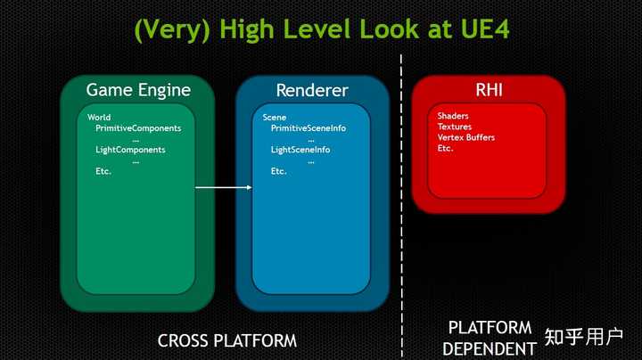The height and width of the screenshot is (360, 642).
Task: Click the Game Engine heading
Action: pos(138,90)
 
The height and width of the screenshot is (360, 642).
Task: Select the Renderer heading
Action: pos(311,90)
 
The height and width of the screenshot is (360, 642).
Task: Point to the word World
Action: pos(100,118)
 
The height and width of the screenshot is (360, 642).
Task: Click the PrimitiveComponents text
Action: pos(138,128)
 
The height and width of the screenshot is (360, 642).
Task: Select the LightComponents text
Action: pos(130,150)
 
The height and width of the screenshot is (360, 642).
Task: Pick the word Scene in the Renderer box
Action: pos(275,118)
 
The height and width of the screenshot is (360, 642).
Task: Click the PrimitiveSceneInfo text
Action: pos(309,128)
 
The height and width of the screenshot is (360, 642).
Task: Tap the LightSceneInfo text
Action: pos(300,150)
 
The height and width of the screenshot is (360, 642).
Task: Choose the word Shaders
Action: pos(453,116)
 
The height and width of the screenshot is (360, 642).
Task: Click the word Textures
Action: pos(455,127)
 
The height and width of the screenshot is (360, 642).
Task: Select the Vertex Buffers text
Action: pos(466,137)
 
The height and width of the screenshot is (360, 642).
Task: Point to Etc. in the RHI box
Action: pos(446,148)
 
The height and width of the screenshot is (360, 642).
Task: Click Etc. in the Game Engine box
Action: pos(103,171)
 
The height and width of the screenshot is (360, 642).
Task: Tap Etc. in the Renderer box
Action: pos(279,171)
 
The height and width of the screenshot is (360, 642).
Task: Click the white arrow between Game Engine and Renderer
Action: pos(223,187)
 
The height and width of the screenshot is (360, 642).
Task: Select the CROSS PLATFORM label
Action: pos(226,340)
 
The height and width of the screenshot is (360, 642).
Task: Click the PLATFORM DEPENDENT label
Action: pos(490,338)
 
